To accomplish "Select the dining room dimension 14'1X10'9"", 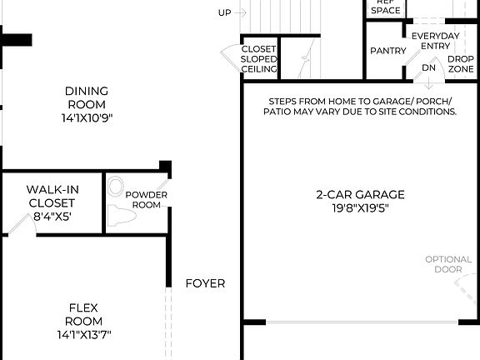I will (x=86, y=117).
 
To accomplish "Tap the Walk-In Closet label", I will (x=51, y=196).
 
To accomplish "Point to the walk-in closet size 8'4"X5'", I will (x=52, y=216).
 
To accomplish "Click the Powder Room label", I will (x=147, y=200).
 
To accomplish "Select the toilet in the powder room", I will (x=122, y=216).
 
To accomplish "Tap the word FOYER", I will (x=205, y=283).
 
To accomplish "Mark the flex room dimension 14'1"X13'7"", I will (x=85, y=334).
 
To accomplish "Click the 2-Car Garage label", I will (x=359, y=195).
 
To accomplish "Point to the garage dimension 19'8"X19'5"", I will (x=359, y=208).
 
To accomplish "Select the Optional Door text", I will (x=448, y=264).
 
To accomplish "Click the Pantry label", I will (x=387, y=52).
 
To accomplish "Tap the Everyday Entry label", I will (x=435, y=41).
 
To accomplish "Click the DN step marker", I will (x=428, y=67).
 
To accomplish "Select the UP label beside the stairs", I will (x=224, y=12).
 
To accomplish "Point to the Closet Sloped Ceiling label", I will (x=258, y=59).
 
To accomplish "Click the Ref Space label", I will (x=385, y=7).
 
